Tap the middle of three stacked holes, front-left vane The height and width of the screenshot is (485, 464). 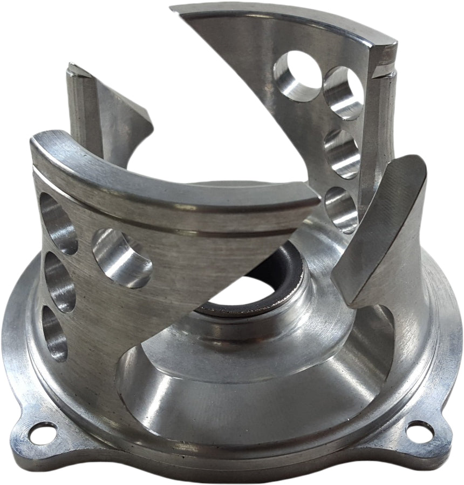[58, 281]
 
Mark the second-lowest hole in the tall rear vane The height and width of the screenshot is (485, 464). [343, 153]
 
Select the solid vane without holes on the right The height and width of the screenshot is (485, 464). [380, 232]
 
